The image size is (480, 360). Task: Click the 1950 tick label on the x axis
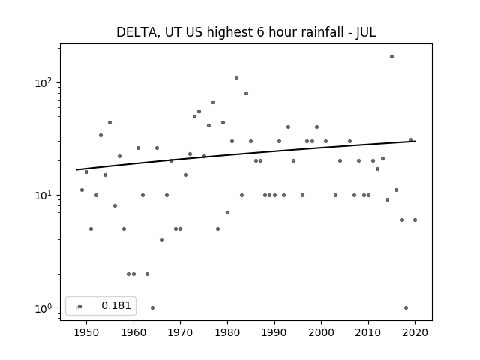click(x=87, y=332)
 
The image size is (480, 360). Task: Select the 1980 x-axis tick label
click(x=227, y=332)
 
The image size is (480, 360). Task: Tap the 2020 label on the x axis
click(x=415, y=332)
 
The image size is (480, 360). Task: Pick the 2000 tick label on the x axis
click(x=322, y=332)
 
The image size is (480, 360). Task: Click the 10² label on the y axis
click(x=45, y=82)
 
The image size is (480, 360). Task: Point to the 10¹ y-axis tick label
click(x=45, y=195)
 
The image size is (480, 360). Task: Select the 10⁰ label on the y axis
click(x=45, y=308)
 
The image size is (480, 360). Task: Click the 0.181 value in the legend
click(x=116, y=305)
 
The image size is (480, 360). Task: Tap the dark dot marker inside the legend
click(x=80, y=307)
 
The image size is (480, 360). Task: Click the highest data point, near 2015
click(x=391, y=57)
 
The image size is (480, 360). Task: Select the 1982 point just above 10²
click(x=237, y=78)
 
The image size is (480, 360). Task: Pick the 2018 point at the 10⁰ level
click(x=406, y=308)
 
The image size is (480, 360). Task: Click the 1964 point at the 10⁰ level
click(x=152, y=308)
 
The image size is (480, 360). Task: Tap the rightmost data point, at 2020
click(x=415, y=220)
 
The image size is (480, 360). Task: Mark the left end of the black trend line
click(x=76, y=170)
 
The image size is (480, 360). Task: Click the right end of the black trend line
click(x=415, y=142)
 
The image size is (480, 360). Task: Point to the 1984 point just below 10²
click(x=247, y=93)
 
